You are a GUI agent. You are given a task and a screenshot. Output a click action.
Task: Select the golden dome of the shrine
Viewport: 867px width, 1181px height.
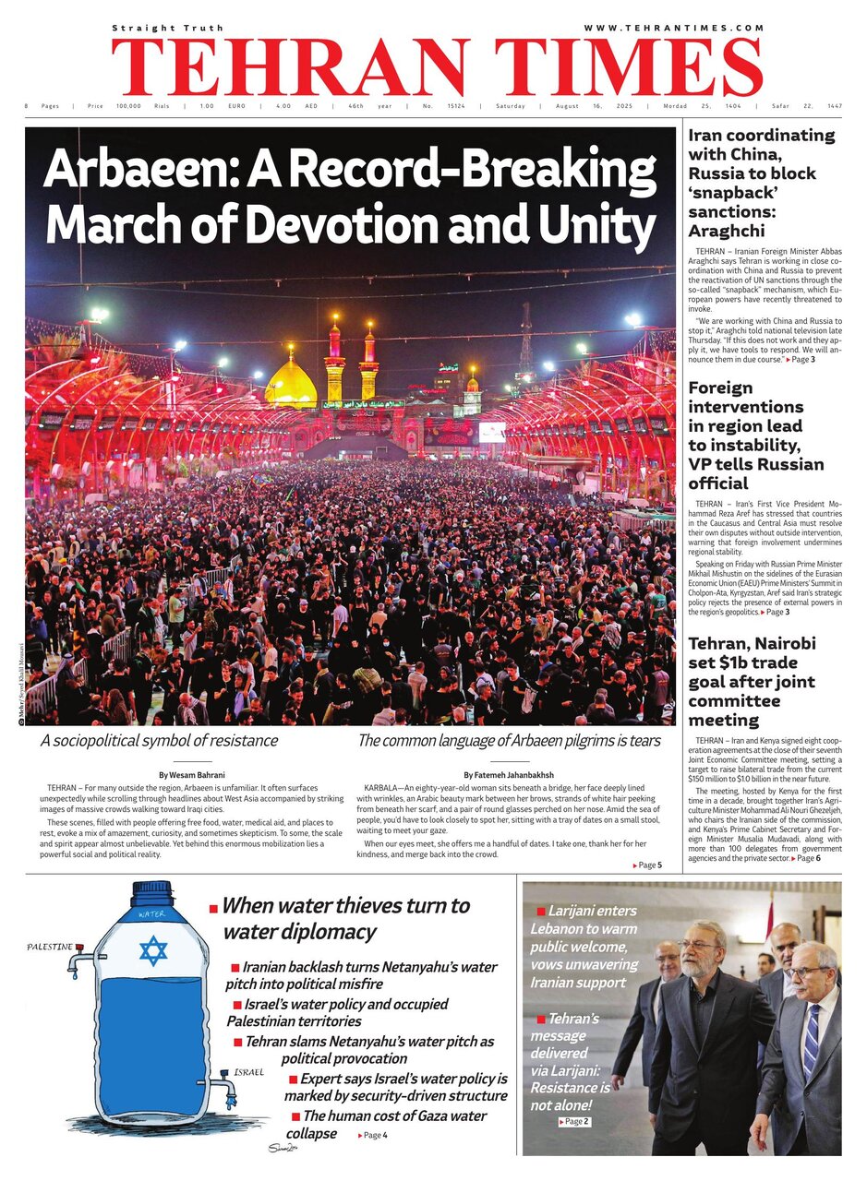click(290, 386)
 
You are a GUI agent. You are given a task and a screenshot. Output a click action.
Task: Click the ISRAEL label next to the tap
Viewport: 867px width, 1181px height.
click(247, 1073)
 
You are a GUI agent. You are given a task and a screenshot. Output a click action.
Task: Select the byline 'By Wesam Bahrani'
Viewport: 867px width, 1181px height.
click(191, 775)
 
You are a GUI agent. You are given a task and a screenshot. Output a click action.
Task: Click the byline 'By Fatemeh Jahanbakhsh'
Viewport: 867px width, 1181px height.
click(509, 775)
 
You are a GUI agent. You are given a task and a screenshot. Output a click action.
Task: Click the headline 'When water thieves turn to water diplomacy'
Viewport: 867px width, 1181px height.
click(345, 918)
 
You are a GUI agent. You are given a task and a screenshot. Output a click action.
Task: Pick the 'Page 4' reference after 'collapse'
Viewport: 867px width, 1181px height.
click(373, 1135)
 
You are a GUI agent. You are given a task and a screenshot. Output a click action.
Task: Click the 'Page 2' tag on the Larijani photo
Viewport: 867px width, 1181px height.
click(574, 1121)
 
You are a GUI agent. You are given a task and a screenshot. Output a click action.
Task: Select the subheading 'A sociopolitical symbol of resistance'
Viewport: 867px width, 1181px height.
click(159, 740)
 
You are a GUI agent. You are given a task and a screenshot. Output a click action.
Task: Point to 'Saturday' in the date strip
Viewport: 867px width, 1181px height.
click(511, 106)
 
